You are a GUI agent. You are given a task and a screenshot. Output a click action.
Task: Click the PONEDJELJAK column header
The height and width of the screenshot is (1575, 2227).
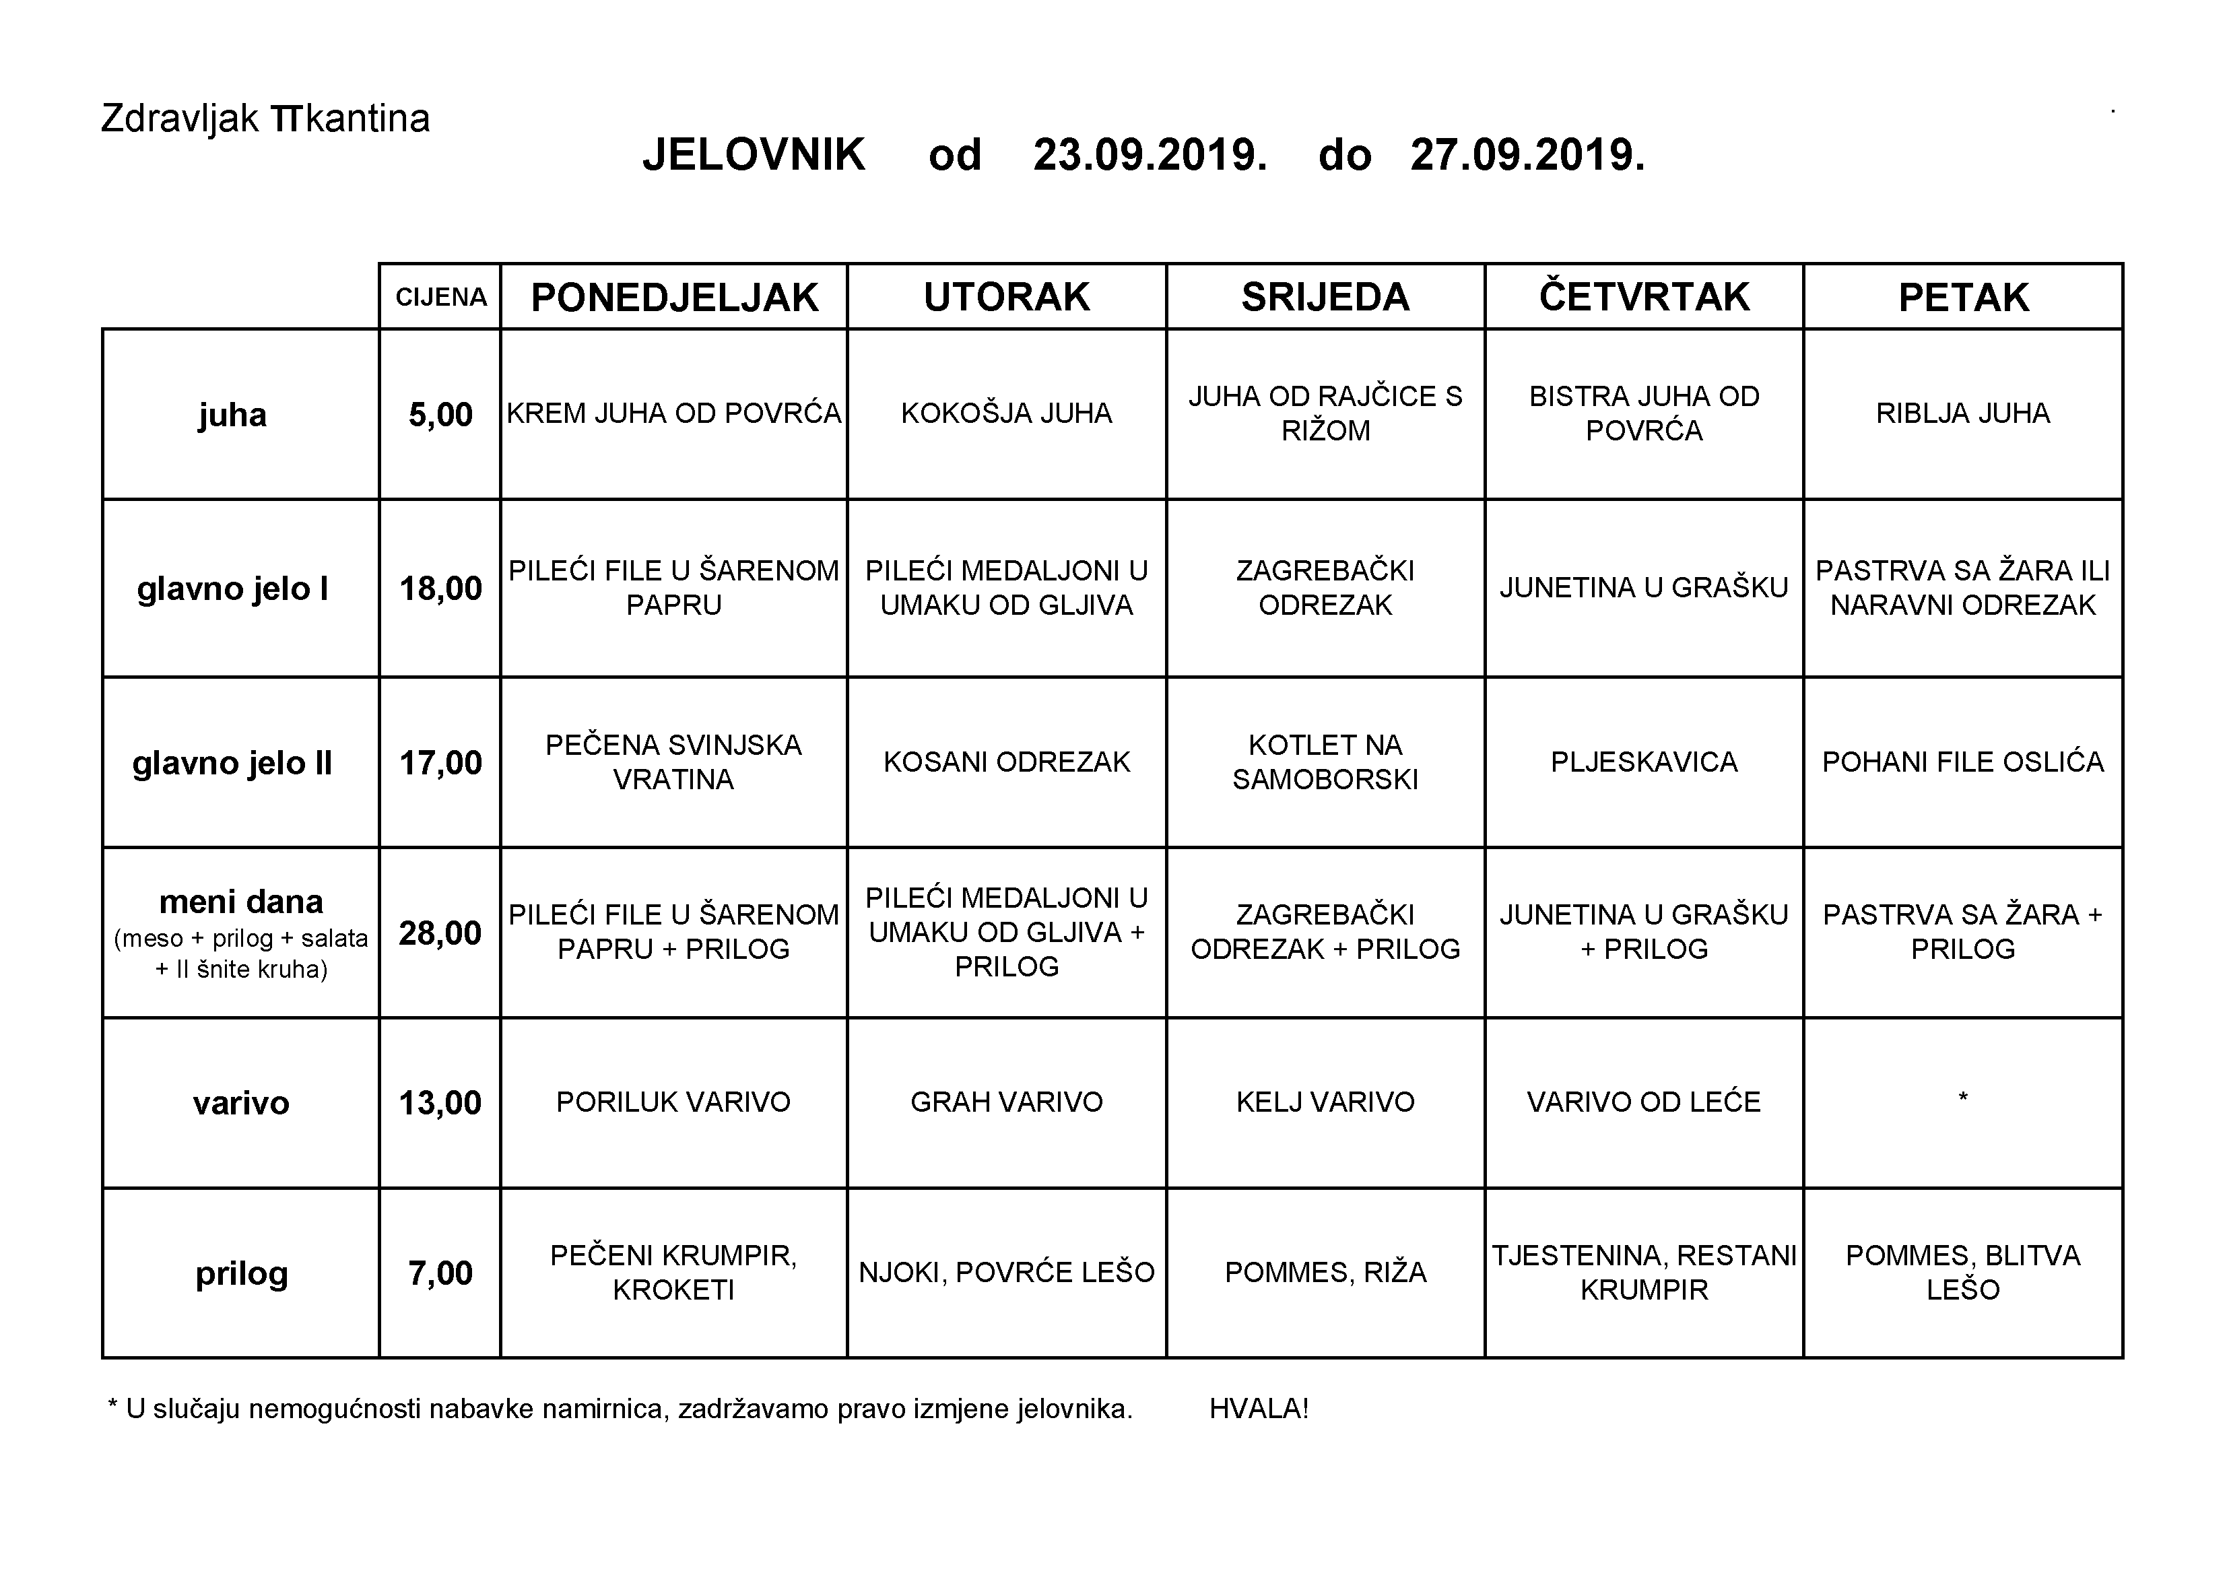tap(674, 297)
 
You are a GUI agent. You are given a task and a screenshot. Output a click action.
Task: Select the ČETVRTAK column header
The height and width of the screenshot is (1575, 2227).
tap(1644, 297)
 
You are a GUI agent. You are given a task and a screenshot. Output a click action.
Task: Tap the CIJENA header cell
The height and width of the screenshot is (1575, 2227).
tap(440, 297)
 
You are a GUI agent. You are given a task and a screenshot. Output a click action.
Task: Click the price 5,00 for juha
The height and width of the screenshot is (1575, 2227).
tap(440, 415)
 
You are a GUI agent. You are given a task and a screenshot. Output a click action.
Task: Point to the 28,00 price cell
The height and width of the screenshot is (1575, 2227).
tap(440, 933)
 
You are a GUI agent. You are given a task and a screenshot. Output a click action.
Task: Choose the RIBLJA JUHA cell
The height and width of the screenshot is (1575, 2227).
tap(1962, 413)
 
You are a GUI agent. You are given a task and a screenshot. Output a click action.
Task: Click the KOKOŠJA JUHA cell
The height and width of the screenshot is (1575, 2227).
tap(1006, 413)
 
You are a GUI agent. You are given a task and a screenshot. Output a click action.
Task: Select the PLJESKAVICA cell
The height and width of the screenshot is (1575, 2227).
tap(1644, 762)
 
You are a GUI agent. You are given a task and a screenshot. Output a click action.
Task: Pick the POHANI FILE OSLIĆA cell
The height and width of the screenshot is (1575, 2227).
tap(1962, 762)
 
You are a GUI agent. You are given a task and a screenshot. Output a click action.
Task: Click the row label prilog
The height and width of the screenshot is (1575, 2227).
tap(242, 1273)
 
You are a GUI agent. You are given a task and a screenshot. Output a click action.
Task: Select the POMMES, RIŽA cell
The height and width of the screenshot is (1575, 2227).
tap(1325, 1273)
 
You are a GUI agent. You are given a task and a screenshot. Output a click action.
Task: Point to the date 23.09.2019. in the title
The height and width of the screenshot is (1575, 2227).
tap(1150, 155)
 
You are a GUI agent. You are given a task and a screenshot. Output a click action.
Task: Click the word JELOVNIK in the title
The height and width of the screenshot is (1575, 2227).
tap(754, 155)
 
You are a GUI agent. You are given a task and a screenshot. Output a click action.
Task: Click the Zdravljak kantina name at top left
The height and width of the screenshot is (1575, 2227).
tap(265, 119)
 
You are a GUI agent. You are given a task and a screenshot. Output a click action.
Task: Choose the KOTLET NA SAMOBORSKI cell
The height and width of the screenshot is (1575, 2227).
tap(1325, 762)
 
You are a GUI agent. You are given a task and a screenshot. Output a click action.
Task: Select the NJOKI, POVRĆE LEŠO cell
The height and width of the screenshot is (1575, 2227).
tap(1006, 1273)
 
